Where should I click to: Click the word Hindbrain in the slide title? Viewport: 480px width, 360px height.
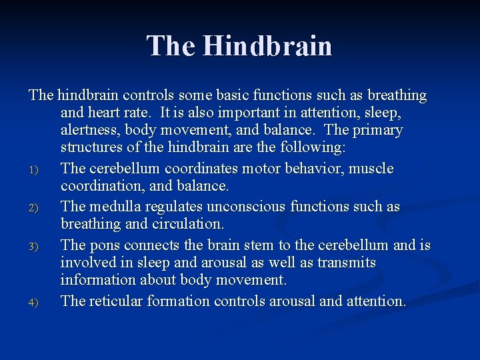pyautogui.click(x=267, y=46)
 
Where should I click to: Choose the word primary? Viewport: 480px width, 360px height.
pyautogui.click(x=378, y=130)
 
